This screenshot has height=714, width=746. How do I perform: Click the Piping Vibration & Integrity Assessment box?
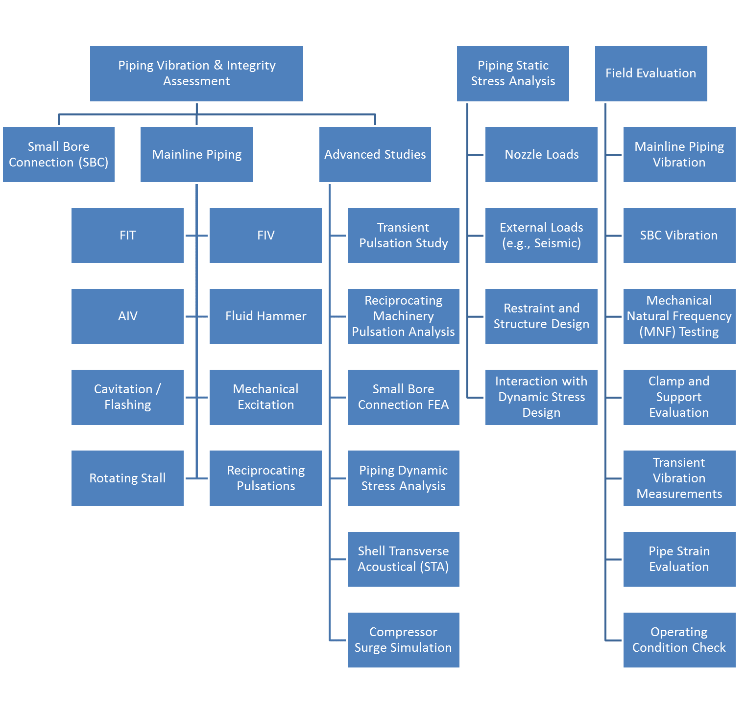(x=196, y=73)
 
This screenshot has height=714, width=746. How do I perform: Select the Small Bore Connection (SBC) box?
(x=59, y=154)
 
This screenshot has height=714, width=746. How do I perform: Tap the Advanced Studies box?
(x=375, y=154)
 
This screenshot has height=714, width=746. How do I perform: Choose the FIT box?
(x=127, y=236)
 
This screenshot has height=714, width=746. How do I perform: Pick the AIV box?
(x=127, y=316)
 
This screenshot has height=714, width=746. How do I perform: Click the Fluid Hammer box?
(x=265, y=316)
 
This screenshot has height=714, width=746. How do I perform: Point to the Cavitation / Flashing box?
(x=127, y=397)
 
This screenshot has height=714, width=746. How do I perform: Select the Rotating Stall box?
(x=127, y=478)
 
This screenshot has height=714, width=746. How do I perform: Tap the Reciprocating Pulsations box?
(x=265, y=478)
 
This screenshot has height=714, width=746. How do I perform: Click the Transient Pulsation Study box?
(x=404, y=236)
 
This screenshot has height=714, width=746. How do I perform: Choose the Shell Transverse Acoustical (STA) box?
(x=404, y=559)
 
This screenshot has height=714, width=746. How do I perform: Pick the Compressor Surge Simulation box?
(x=404, y=640)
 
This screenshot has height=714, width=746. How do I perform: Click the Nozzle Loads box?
(x=541, y=154)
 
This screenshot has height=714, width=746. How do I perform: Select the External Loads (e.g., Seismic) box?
(x=541, y=236)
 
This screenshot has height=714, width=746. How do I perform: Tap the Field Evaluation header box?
(x=651, y=73)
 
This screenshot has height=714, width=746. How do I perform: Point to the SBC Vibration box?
(x=679, y=236)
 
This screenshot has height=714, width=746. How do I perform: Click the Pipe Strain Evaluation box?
(x=679, y=559)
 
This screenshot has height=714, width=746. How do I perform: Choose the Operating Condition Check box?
(x=679, y=640)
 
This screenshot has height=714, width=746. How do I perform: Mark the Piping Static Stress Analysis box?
(x=513, y=73)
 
